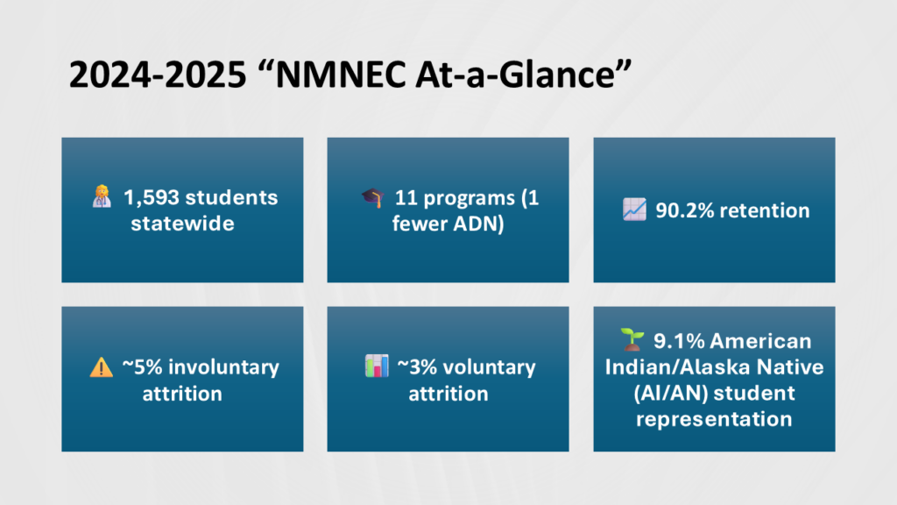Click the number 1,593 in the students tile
click(152, 197)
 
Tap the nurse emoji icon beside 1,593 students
click(102, 196)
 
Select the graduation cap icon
click(372, 197)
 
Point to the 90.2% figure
click(684, 210)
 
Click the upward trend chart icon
click(634, 210)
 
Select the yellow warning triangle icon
click(102, 367)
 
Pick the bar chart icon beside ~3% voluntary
click(377, 366)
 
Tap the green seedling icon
click(632, 339)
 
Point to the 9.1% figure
click(679, 341)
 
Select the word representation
click(714, 419)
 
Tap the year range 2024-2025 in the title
click(158, 75)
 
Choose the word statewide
click(182, 224)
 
